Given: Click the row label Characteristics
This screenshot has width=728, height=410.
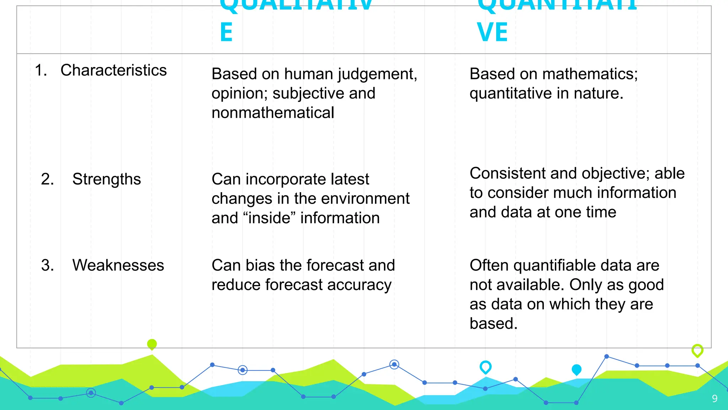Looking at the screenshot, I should point(113,70).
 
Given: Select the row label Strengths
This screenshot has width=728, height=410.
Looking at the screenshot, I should point(106,179).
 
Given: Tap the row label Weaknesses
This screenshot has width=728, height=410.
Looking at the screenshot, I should point(118,266).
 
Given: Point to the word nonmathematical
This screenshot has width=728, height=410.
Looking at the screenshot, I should point(273,113).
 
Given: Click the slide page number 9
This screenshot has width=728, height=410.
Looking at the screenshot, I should point(714,399).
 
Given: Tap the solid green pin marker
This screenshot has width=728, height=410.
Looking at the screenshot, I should point(152,344).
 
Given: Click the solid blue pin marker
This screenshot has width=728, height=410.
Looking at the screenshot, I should point(577,370).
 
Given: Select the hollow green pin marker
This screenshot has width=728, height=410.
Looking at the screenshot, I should point(697,350).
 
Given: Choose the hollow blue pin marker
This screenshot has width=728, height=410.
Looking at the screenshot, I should point(486,367).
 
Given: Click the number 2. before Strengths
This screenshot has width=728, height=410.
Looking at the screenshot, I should point(47,179).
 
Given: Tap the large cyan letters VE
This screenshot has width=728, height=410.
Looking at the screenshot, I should point(492,32).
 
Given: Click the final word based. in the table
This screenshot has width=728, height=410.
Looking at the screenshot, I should point(493,324).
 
